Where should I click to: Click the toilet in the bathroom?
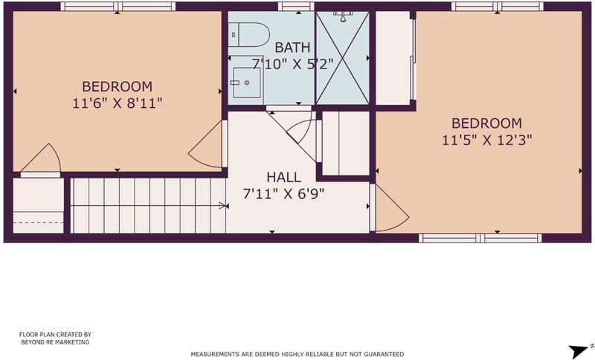click(248, 34)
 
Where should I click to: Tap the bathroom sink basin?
click(247, 83)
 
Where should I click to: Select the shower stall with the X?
click(342, 58)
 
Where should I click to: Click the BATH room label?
click(292, 48)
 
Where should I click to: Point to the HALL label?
click(284, 177)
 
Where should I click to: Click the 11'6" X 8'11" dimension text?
click(118, 103)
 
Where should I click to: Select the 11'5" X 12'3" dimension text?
click(487, 140)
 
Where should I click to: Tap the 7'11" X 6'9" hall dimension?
click(284, 194)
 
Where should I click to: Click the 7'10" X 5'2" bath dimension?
click(292, 64)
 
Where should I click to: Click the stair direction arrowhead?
click(222, 206)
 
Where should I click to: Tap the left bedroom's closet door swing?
click(42, 159)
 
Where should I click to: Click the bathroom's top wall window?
click(296, 7)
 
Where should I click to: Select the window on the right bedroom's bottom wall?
click(480, 238)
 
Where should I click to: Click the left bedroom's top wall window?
click(118, 7)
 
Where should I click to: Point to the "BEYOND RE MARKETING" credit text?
click(55, 342)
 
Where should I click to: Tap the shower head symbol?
click(343, 15)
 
